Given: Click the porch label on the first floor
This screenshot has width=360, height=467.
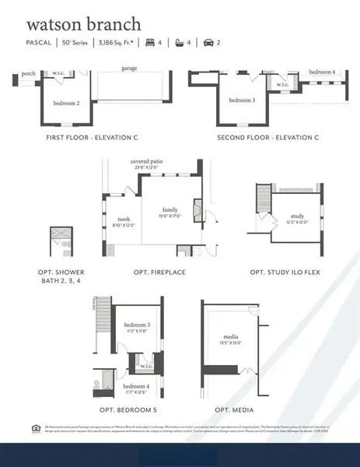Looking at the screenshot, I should click(28, 74).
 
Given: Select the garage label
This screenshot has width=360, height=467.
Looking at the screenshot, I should click(129, 68).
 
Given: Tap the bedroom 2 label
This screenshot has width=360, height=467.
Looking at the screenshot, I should click(67, 103).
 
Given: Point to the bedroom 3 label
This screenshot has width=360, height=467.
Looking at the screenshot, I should click(242, 100).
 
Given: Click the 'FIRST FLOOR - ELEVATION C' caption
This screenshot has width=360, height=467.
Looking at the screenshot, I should click(93, 137).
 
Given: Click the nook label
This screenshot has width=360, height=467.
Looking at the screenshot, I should click(124, 219).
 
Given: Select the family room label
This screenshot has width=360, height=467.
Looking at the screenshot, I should click(170, 210).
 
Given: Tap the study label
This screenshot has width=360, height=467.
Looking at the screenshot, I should click(296, 216).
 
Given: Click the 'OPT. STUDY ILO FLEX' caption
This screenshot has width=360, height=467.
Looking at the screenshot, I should click(285, 272).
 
